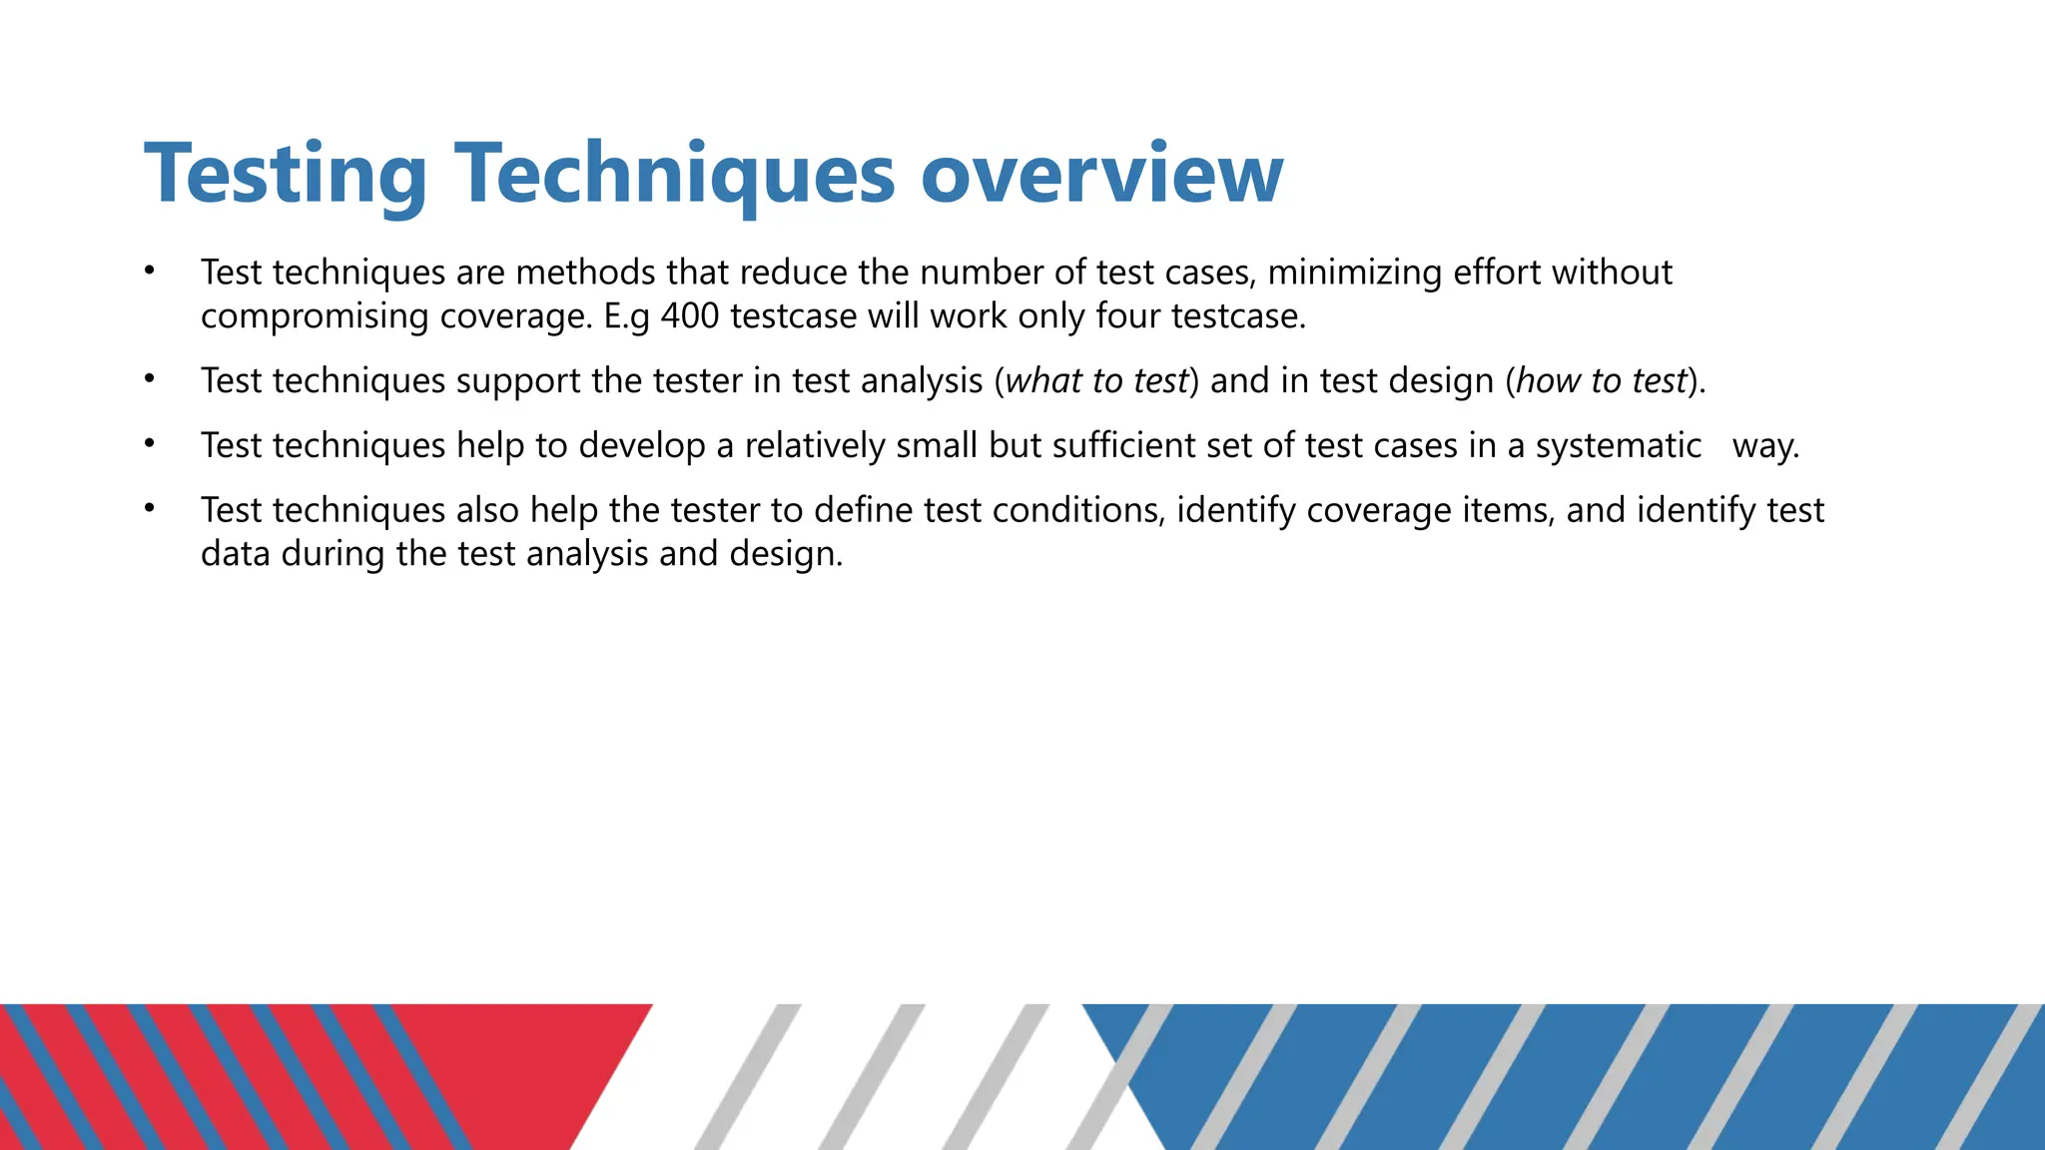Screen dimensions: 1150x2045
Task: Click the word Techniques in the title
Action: [x=675, y=175]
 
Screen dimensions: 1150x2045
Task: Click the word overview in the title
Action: [x=1101, y=175]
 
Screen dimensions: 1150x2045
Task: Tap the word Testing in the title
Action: [x=286, y=175]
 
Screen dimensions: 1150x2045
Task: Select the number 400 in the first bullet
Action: [x=690, y=316]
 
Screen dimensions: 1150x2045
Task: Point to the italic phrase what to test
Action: [x=1096, y=381]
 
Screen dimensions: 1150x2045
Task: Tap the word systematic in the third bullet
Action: [x=1618, y=446]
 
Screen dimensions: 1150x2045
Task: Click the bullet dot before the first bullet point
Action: [x=150, y=271]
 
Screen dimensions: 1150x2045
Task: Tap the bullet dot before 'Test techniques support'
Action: [x=150, y=379]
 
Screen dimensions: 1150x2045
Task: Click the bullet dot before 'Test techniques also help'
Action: [x=150, y=509]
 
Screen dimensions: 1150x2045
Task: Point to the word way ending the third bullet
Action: [x=1764, y=446]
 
